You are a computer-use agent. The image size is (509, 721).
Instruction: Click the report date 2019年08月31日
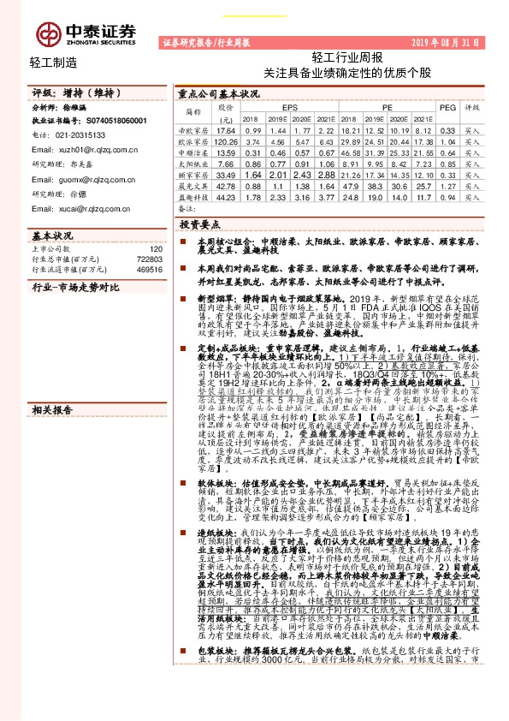[x=447, y=41]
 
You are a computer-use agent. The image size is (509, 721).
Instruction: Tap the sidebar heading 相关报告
[x=50, y=313]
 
